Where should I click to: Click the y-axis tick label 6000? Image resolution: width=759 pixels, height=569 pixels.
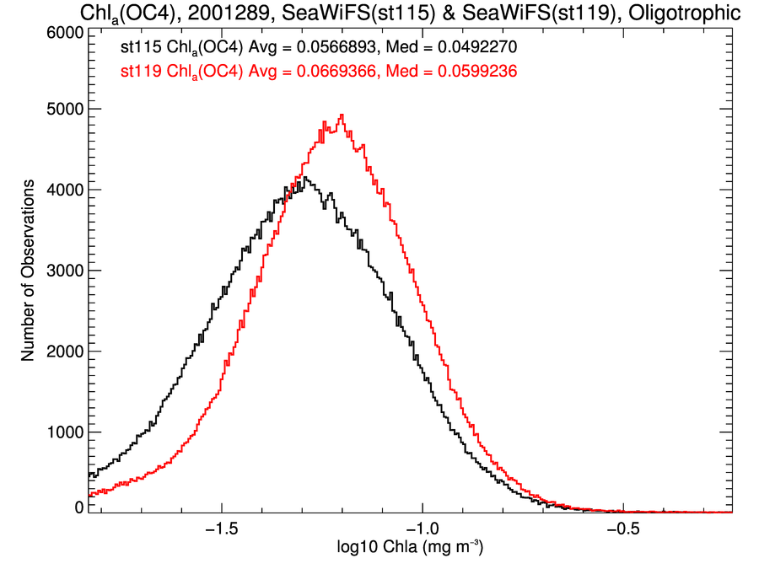coord(65,33)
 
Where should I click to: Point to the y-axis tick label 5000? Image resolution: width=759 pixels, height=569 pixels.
coord(65,110)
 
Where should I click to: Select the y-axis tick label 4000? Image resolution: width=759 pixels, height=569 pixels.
coord(65,191)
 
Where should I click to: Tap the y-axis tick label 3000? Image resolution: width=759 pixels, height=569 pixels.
coord(65,271)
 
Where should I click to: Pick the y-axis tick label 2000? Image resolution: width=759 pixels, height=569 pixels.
coord(65,352)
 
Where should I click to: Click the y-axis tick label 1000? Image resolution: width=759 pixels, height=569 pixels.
coord(65,433)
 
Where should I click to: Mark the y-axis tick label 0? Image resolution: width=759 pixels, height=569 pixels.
coord(78,508)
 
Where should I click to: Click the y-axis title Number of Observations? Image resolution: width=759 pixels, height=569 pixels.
coord(28,271)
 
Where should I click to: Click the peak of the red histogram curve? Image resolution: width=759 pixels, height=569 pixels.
coord(341,115)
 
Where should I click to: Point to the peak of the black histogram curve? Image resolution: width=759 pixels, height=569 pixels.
coord(304,177)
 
